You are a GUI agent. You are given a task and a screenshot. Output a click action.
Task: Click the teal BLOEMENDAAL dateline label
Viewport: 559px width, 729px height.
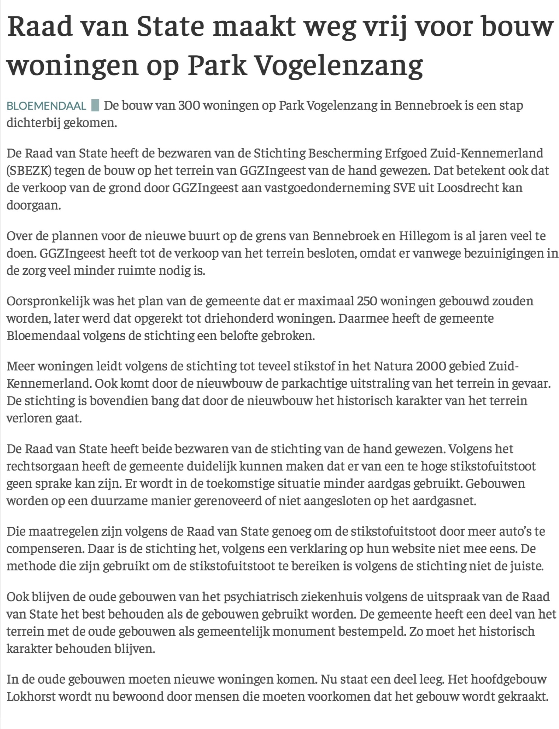click(47, 106)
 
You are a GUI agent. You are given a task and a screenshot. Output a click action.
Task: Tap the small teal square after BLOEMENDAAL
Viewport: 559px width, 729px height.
click(95, 106)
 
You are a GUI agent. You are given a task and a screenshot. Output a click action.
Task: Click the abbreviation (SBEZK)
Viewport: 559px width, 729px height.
click(29, 171)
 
